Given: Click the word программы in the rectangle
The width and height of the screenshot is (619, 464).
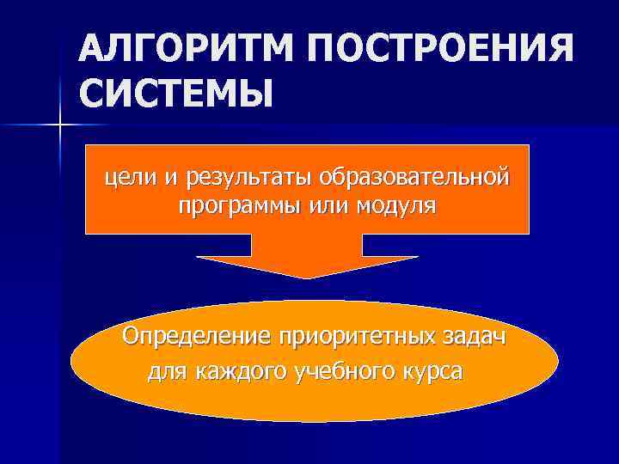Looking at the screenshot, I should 231,207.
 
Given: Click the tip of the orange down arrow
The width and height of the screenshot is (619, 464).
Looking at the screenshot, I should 307,277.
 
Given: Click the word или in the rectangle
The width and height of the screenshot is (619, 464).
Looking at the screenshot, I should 328,207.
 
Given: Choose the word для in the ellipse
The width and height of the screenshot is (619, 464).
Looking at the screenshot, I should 168,374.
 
